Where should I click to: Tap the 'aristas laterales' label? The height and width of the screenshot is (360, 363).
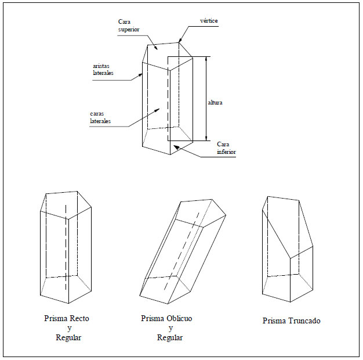pos(103,70)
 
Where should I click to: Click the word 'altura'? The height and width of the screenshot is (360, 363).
pos(215,103)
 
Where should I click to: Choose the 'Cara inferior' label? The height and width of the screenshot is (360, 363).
pos(227,148)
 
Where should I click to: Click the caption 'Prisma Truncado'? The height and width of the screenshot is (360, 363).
pos(291,321)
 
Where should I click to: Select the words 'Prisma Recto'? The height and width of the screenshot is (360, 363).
pos(67,319)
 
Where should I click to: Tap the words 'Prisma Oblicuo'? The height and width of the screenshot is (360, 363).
pos(166,319)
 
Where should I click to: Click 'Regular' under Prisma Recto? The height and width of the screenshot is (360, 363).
pos(68,338)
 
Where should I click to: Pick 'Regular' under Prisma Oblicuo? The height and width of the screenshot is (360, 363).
pos(170,338)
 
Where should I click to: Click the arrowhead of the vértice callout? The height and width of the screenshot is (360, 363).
pos(179,40)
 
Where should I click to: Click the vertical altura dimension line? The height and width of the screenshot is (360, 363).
pos(206,99)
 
